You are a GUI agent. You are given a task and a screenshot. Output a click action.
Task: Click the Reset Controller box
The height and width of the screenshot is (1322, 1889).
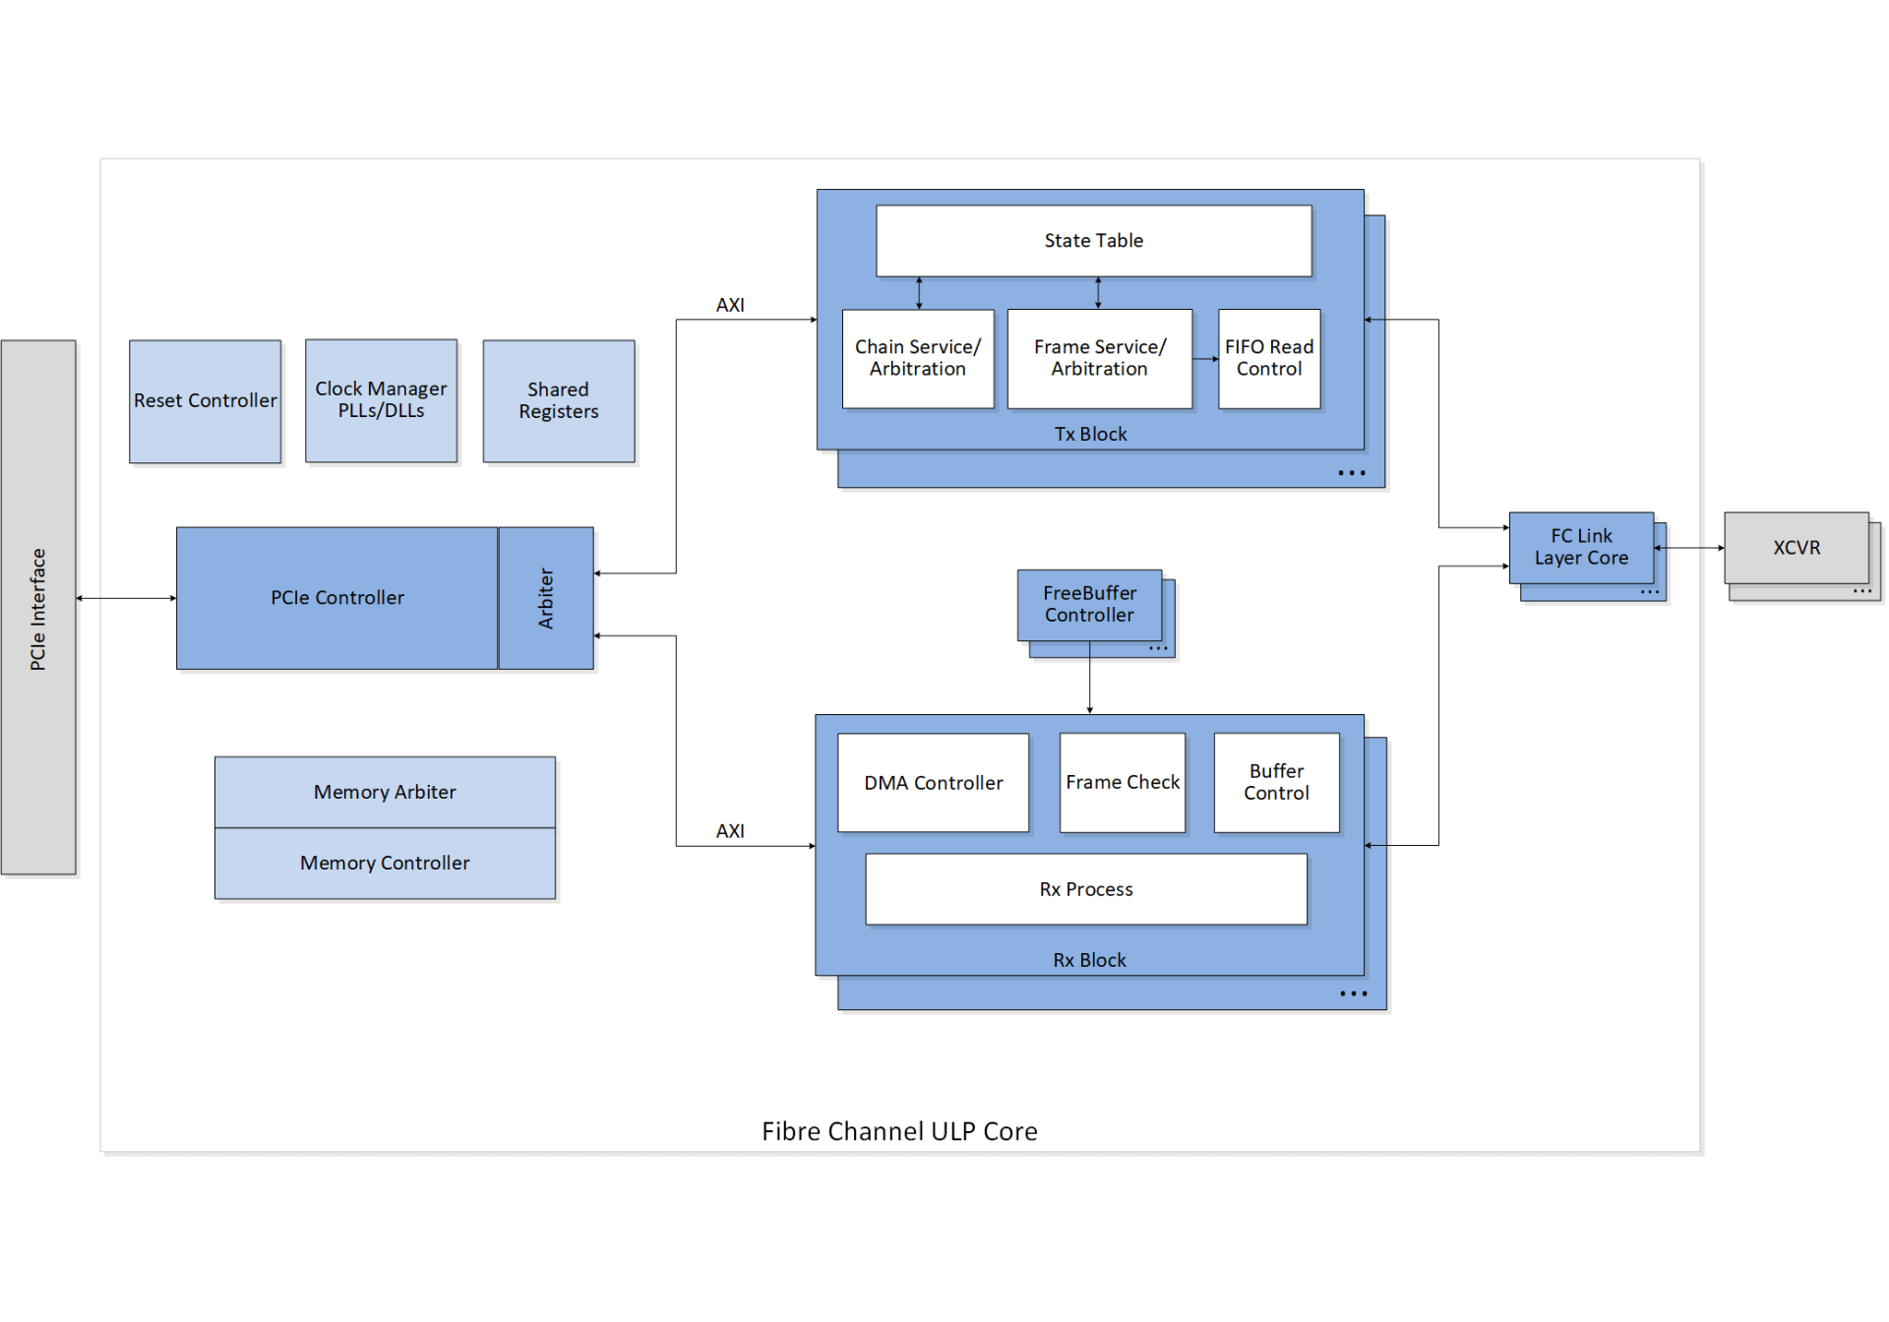click(x=205, y=401)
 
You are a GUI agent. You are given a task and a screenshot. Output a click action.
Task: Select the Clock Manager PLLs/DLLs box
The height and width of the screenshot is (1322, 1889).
click(x=381, y=400)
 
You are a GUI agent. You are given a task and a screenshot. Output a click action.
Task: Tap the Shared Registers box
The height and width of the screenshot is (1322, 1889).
click(x=558, y=401)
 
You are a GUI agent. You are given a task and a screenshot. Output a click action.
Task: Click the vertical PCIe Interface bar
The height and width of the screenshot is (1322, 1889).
click(x=38, y=607)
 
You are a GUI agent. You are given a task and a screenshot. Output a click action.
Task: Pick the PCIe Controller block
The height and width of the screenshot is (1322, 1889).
click(x=336, y=598)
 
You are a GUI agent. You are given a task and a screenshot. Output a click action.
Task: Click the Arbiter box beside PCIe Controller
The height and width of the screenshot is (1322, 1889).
click(x=546, y=598)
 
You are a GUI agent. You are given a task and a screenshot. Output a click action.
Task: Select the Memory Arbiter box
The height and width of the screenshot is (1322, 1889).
click(x=385, y=792)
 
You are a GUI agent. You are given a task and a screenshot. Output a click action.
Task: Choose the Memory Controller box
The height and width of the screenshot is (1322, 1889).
click(x=385, y=864)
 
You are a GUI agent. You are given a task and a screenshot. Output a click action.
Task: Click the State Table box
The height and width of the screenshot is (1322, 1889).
click(x=1093, y=241)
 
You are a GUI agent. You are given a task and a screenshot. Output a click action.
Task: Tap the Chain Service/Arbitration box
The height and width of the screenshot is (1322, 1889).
click(x=917, y=358)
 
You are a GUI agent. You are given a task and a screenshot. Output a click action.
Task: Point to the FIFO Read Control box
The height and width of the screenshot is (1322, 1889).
click(x=1268, y=358)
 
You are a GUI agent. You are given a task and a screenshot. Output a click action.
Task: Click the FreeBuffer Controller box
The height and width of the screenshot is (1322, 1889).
click(x=1089, y=604)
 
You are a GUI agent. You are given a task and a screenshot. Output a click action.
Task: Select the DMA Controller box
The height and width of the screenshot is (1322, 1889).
click(x=933, y=783)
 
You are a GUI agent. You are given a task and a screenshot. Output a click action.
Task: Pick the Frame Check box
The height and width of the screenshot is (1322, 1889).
click(x=1122, y=783)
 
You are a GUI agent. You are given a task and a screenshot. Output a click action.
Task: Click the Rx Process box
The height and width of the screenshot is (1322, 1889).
click(x=1086, y=889)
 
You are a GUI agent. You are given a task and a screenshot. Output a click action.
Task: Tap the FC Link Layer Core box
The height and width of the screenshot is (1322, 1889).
click(x=1580, y=547)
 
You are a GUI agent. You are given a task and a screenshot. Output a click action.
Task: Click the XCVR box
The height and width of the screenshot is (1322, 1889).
click(x=1796, y=548)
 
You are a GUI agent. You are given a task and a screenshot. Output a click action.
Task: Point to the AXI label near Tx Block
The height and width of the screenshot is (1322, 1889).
click(x=730, y=305)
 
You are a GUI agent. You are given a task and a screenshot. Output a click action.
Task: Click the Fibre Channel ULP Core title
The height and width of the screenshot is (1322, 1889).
click(x=899, y=1131)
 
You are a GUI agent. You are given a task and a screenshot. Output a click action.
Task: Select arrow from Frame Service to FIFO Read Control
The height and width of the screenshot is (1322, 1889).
click(x=1205, y=359)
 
